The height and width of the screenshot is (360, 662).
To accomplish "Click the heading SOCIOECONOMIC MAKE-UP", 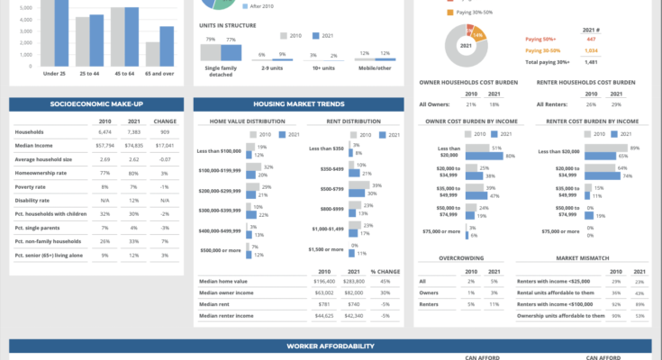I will click(96, 104).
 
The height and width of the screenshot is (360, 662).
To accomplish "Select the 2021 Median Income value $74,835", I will click(133, 144).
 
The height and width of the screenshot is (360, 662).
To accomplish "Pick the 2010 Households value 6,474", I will click(104, 132).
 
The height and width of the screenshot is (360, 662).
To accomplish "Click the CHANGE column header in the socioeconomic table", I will click(165, 121).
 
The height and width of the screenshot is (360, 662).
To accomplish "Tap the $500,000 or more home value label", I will click(220, 249).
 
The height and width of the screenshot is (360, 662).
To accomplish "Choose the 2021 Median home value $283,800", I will click(354, 282).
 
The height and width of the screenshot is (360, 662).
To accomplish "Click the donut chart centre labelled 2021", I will click(467, 46).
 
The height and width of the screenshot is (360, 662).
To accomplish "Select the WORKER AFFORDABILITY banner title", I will click(330, 346).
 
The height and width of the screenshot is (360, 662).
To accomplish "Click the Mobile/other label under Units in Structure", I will click(375, 67).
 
